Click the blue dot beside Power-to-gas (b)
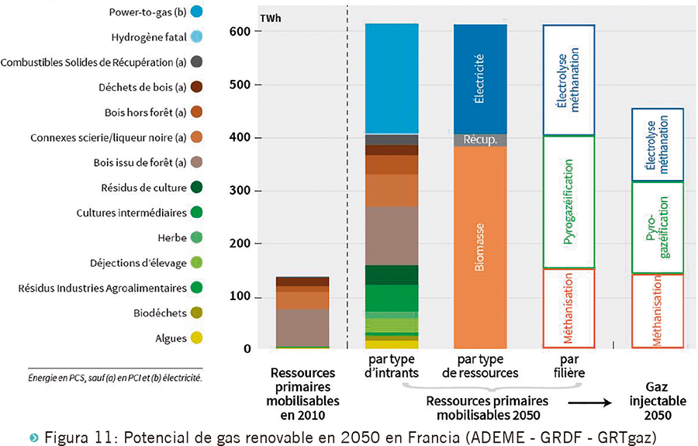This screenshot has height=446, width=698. (197, 12)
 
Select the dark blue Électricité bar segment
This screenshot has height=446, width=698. (479, 78)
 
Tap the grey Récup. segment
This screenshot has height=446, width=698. (479, 140)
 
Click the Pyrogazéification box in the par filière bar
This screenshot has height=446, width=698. (568, 202)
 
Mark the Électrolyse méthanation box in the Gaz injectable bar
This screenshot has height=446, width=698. (658, 144)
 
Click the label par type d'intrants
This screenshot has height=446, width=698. (392, 366)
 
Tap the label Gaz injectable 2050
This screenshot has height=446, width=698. (658, 401)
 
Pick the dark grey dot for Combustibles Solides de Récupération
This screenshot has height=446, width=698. (197, 61)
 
